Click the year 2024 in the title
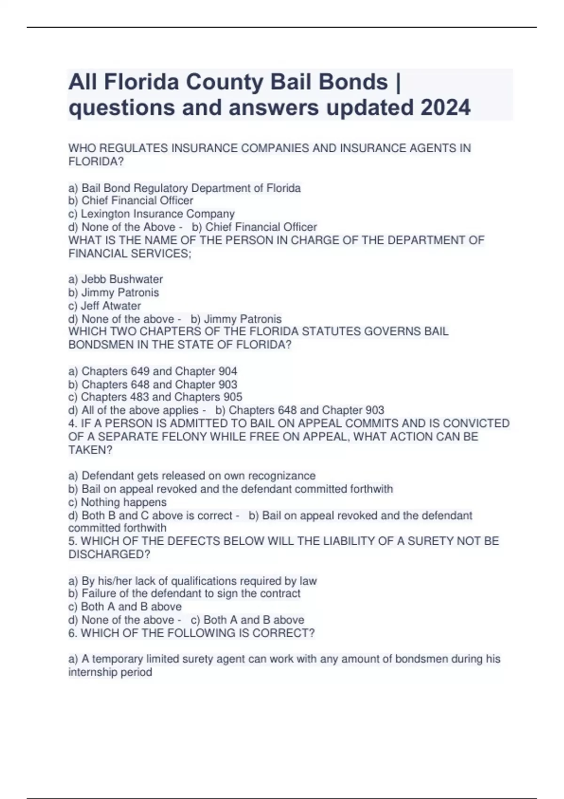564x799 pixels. pos(445,108)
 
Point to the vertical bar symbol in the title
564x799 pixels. pos(399,82)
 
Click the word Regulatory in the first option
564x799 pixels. pos(161,188)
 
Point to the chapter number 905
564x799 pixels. pos(233,397)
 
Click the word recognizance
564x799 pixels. pos(282,476)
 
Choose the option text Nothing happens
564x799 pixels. pos(124,502)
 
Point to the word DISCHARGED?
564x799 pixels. pos(109,555)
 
